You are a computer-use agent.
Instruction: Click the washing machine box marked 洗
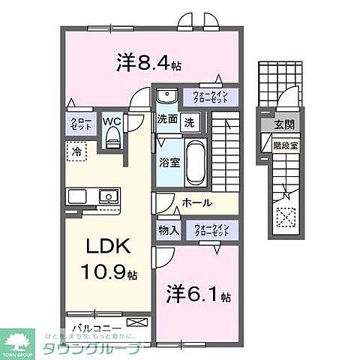coord(190,121)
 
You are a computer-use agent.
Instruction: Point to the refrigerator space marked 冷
coord(76,151)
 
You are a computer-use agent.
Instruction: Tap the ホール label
coord(197,202)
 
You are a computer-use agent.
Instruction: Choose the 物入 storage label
coord(168,230)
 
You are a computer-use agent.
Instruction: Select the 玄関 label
coord(284,125)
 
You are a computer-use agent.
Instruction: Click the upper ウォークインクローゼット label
coord(214,96)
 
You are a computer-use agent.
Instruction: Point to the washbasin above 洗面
coord(166,95)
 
